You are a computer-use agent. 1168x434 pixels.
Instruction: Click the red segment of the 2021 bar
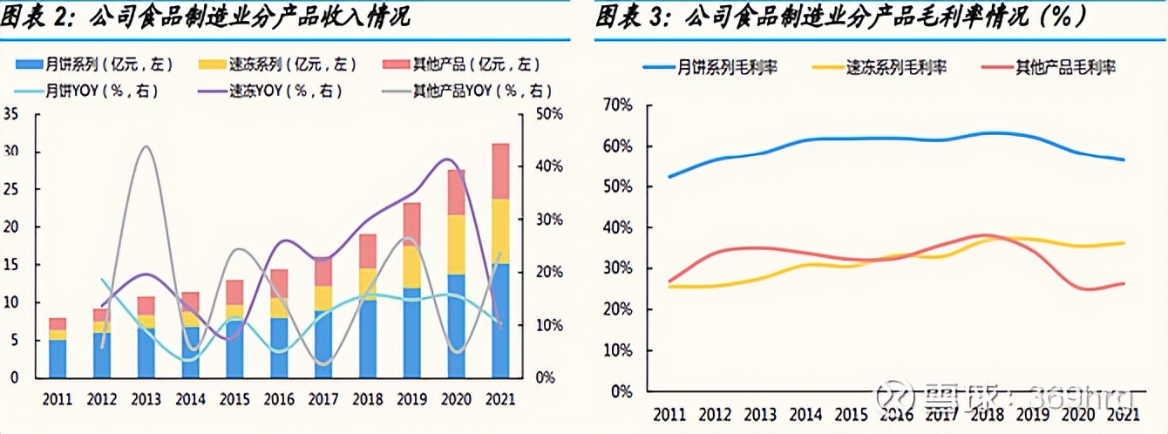click(x=500, y=172)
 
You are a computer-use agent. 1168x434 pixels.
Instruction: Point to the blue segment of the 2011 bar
click(x=57, y=358)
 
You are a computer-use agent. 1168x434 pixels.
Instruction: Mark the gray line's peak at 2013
click(x=146, y=146)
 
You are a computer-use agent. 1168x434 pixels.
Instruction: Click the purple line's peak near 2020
click(x=447, y=159)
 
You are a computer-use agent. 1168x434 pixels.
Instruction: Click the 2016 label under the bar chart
click(x=279, y=399)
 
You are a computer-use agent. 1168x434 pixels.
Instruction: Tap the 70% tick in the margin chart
click(x=616, y=105)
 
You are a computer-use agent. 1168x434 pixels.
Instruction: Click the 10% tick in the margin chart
click(x=616, y=350)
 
